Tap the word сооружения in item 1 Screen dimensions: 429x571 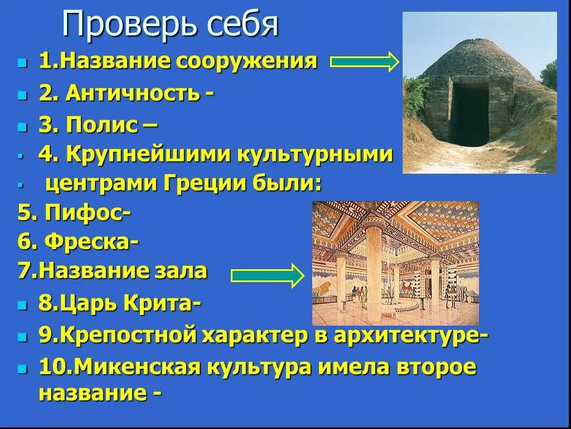(247, 62)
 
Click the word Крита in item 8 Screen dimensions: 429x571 (162, 305)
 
